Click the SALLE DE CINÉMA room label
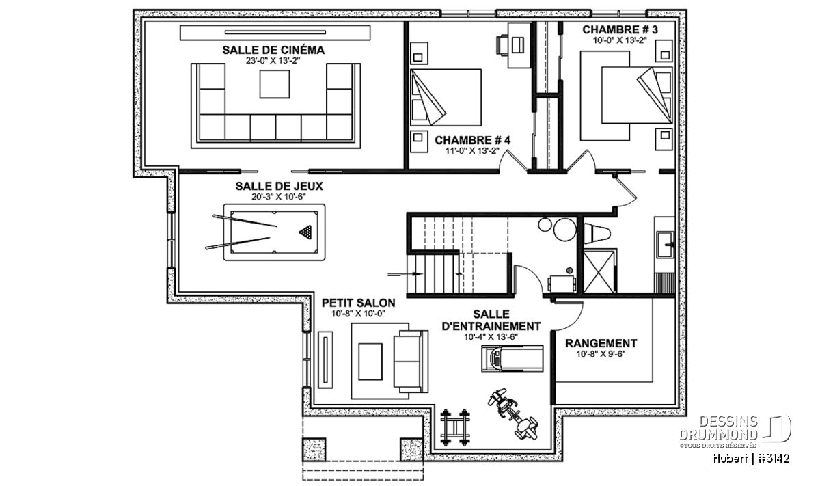coord(273,50)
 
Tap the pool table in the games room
coord(274,232)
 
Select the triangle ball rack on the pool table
coord(305,232)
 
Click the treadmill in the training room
coord(512,359)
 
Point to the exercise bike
coord(513,414)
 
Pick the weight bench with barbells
coord(455,427)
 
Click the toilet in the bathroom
coord(597,234)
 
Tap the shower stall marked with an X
coord(599,271)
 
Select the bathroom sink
coord(664,244)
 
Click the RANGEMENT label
coord(601,344)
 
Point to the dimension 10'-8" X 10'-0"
coord(358,314)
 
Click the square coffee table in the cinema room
coord(275,84)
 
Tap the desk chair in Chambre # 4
coord(502,45)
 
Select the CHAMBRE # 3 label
coord(620,29)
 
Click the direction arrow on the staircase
coord(405,274)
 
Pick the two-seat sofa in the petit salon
coord(411,362)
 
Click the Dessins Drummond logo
coord(735,430)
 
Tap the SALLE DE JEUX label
coord(279,187)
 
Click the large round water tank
coord(565,229)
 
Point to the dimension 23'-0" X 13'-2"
coord(273,61)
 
